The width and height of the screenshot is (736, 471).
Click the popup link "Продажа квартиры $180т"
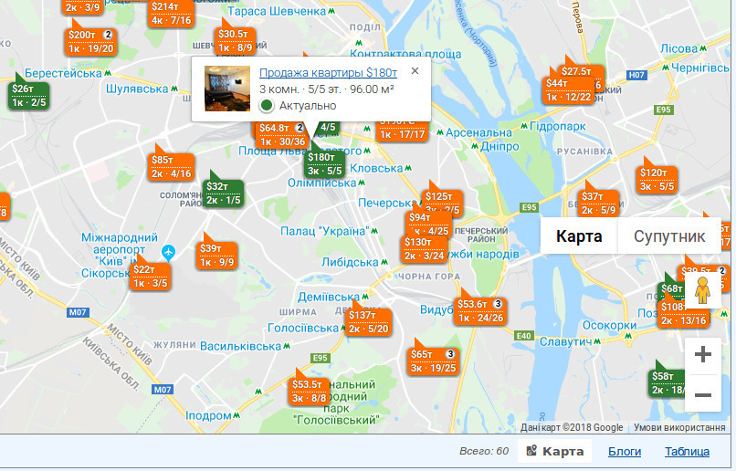click(328, 73)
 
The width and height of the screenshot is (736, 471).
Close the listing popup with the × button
click(415, 70)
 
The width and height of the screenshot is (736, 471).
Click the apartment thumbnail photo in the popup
click(227, 89)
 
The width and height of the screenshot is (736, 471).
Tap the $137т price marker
click(368, 321)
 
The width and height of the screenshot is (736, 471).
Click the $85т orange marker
click(171, 166)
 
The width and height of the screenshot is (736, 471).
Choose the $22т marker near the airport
click(150, 276)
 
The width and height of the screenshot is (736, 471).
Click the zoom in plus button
click(703, 355)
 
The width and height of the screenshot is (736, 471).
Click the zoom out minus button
click(703, 394)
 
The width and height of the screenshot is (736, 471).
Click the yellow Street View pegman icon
click(702, 291)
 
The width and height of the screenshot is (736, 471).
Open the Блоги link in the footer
click(625, 451)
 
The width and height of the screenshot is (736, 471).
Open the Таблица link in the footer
click(687, 451)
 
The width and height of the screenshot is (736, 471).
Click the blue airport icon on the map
click(168, 251)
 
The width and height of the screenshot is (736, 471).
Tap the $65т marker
click(432, 361)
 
